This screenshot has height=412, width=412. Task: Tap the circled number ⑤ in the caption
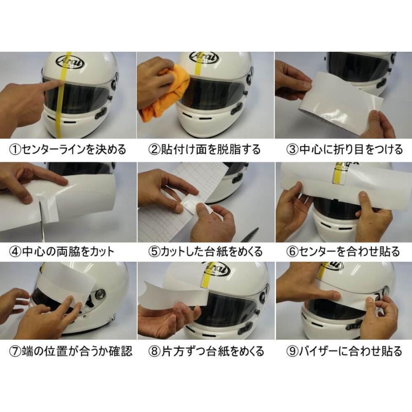[154, 251]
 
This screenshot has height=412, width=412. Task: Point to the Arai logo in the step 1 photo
[70, 62]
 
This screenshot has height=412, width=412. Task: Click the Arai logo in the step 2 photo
[204, 58]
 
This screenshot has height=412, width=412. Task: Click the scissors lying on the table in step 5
[249, 235]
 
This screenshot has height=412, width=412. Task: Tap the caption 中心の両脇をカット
[68, 251]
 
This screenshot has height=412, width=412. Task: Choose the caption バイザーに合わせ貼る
[351, 352]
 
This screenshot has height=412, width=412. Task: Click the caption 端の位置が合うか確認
[77, 352]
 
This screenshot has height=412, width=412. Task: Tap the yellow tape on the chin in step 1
[59, 126]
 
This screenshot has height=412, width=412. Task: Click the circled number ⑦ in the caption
[15, 352]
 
